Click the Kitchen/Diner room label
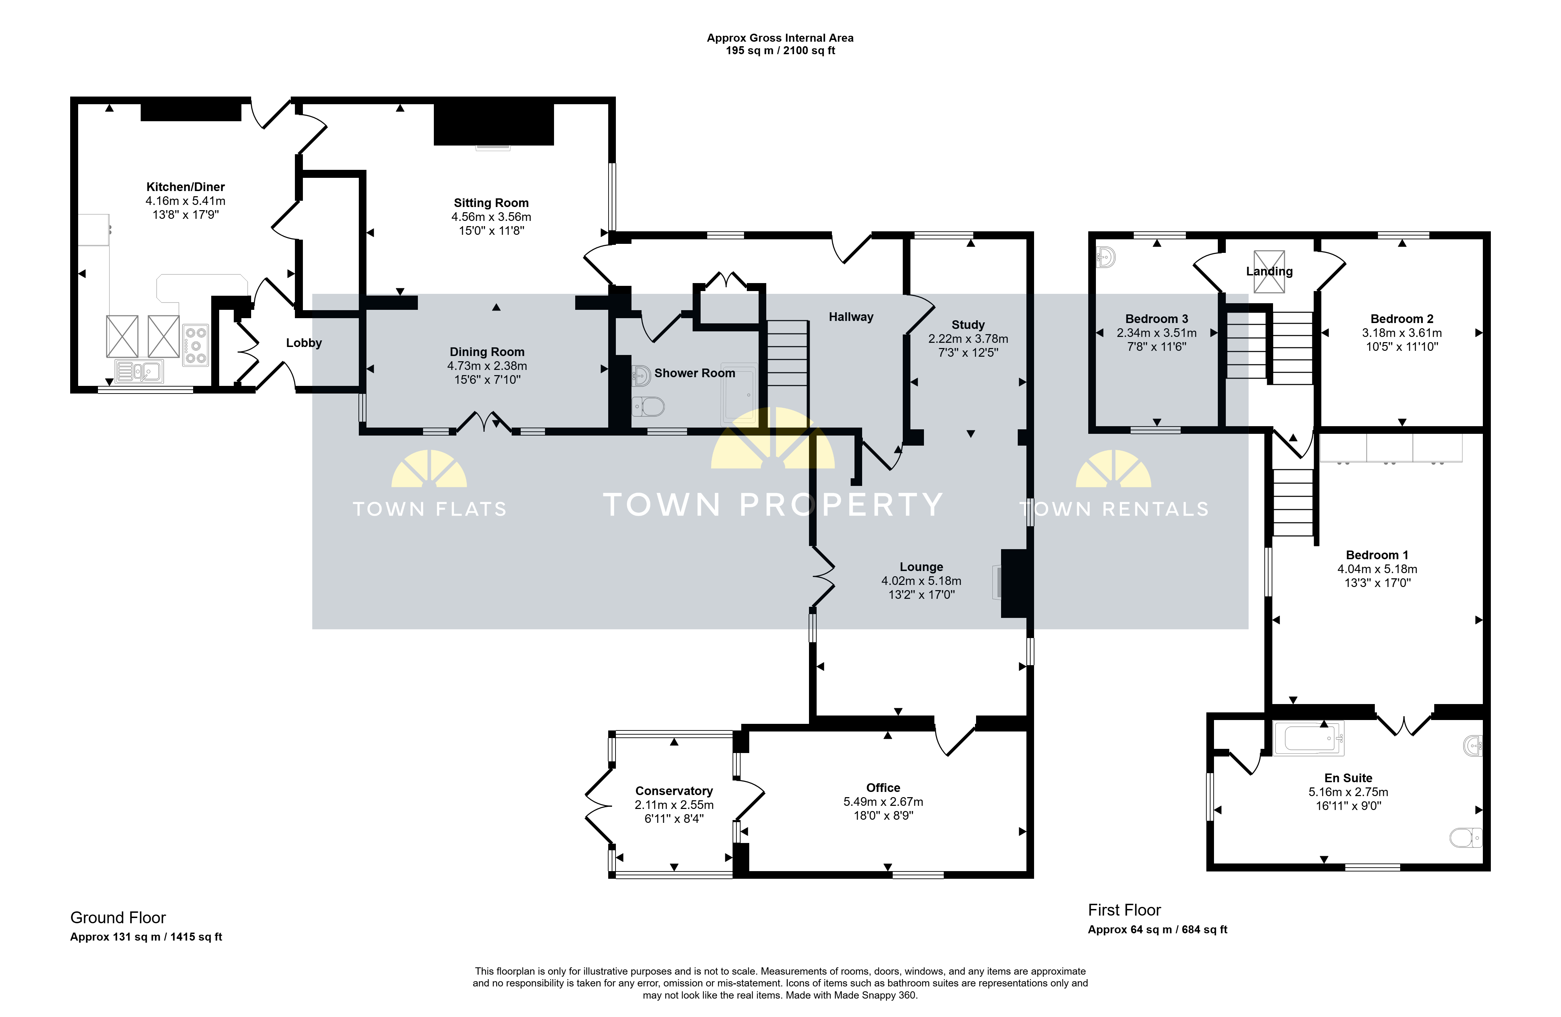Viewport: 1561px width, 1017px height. pyautogui.click(x=185, y=187)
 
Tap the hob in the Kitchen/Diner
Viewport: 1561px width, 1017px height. pyautogui.click(x=196, y=345)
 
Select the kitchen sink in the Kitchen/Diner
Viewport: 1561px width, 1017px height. pyautogui.click(x=139, y=371)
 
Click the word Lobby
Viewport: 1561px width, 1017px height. pyautogui.click(x=304, y=343)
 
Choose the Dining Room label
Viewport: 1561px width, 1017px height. pyautogui.click(x=487, y=352)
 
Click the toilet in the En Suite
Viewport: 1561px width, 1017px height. pyautogui.click(x=1466, y=837)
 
